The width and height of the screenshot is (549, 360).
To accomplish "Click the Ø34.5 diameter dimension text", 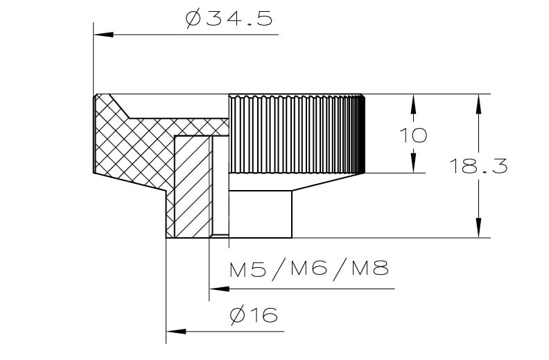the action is [229, 19].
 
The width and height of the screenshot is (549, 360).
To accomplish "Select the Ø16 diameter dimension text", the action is [254, 315].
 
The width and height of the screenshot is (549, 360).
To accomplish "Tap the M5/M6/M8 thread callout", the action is [309, 269].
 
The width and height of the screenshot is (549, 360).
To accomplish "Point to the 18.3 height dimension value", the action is [478, 166].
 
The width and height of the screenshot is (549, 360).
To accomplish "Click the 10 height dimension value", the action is [413, 135].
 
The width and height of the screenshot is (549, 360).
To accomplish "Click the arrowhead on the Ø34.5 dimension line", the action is [104, 35].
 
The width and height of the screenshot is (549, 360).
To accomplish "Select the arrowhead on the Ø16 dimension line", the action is [176, 332].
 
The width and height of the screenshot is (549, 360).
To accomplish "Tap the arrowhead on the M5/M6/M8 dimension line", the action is [219, 289].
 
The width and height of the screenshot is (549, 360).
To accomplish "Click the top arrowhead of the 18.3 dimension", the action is [478, 104].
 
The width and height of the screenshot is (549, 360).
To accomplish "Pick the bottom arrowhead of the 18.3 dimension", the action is [478, 228].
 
